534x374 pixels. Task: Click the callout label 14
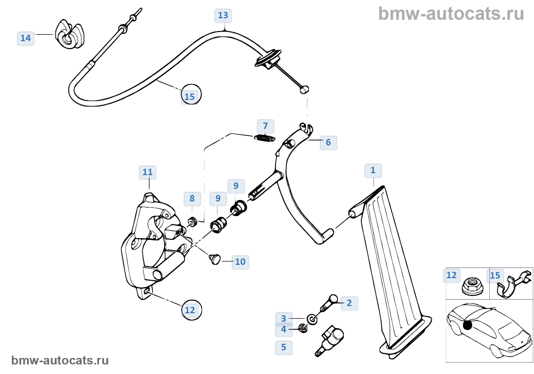[x=26, y=39]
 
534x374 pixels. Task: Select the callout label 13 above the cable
[x=223, y=16]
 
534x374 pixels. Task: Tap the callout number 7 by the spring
[x=265, y=126]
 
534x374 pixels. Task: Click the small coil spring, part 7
[x=265, y=138]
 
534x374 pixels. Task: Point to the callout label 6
[x=328, y=143]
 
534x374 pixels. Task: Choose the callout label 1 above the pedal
[x=373, y=171]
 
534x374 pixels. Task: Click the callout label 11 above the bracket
[x=148, y=172]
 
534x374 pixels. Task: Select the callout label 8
[x=192, y=199]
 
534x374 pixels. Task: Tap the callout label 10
[x=240, y=262]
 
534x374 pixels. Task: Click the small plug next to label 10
[x=216, y=259]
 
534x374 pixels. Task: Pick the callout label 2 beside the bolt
[x=349, y=303]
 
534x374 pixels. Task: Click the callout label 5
[x=284, y=348]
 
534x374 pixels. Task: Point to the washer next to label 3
[x=312, y=319]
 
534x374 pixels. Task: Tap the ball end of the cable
[x=304, y=90]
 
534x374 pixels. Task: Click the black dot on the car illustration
[x=467, y=325]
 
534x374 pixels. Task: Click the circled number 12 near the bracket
[x=191, y=310]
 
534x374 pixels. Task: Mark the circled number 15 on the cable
[x=190, y=95]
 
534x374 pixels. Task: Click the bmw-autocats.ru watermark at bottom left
[x=60, y=361]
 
